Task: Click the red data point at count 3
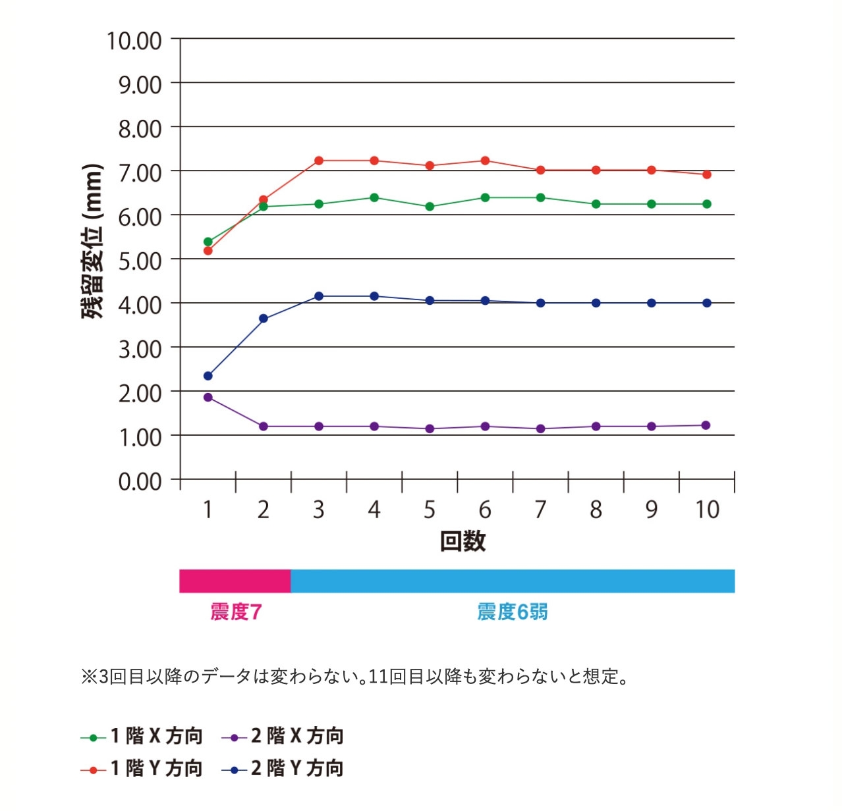click(x=319, y=161)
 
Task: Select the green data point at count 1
click(x=208, y=242)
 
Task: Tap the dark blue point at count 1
click(x=208, y=376)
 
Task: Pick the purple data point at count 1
click(x=208, y=398)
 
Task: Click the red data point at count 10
click(x=707, y=174)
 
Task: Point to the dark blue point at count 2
click(x=264, y=319)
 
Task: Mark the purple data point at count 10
click(x=706, y=425)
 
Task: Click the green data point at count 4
click(x=374, y=197)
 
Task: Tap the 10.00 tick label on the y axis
click(x=134, y=41)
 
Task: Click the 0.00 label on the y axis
click(x=140, y=482)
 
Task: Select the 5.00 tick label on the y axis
click(x=140, y=261)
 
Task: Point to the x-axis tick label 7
click(x=540, y=510)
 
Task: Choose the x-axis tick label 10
click(x=707, y=510)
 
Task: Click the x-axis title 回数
click(x=463, y=541)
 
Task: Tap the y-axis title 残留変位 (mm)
click(x=93, y=241)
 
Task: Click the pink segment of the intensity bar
click(x=235, y=581)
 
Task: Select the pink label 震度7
click(x=236, y=612)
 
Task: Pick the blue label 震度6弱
click(x=512, y=612)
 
